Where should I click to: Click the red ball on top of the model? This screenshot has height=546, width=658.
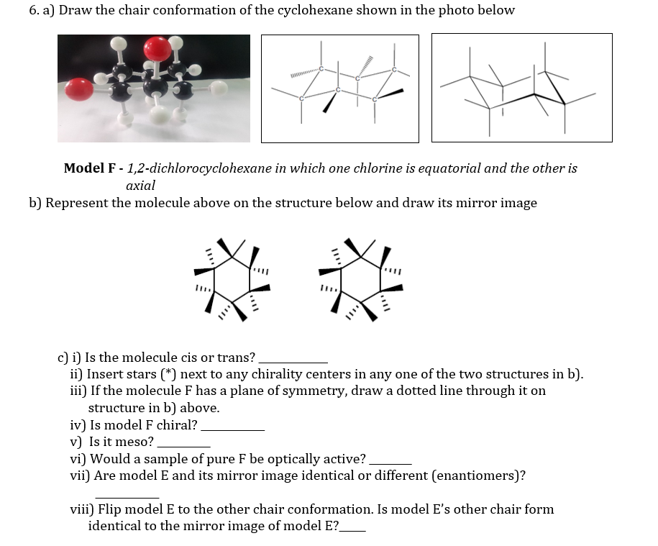pos(157,50)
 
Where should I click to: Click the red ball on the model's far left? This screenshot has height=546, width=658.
pos(79,90)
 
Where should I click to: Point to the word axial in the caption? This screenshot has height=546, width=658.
pos(140,186)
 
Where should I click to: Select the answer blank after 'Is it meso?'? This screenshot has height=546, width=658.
pos(183,443)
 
